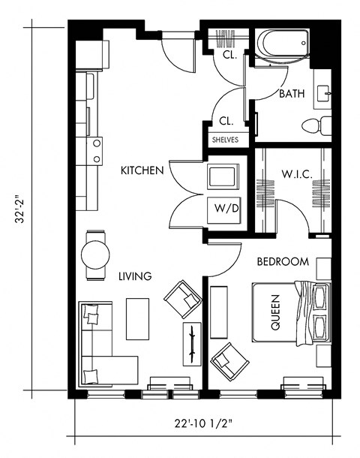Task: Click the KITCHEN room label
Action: click(x=142, y=171)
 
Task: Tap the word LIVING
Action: click(x=135, y=276)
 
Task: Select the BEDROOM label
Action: click(x=283, y=262)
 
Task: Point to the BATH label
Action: click(x=291, y=95)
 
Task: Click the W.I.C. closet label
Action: click(x=297, y=174)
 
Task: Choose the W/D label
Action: click(x=226, y=208)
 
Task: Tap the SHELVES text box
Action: click(x=225, y=140)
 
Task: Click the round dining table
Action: click(x=95, y=253)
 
